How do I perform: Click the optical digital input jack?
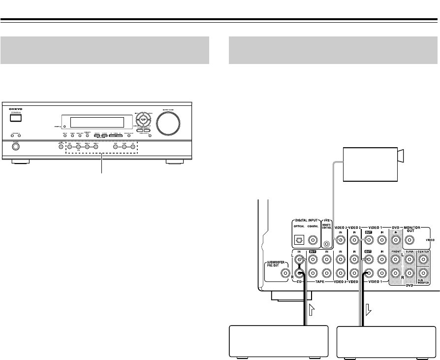[299, 241]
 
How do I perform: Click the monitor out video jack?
[409, 241]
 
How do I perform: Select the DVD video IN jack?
[395, 240]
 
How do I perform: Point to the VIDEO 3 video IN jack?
[339, 240]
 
